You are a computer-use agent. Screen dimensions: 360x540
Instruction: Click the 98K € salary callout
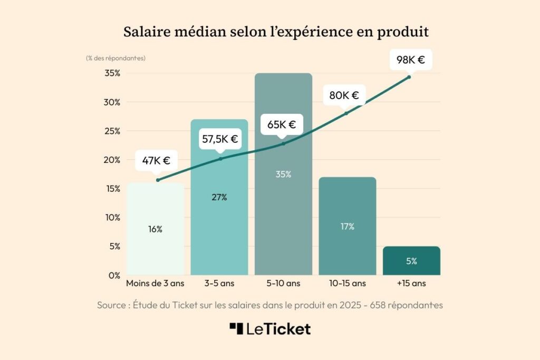(x=410, y=60)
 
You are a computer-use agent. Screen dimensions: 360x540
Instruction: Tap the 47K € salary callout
(x=156, y=161)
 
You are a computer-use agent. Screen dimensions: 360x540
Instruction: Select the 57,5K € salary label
(x=220, y=140)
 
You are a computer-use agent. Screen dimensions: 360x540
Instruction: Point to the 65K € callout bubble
(x=282, y=125)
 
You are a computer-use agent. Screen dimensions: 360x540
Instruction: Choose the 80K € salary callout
(x=344, y=95)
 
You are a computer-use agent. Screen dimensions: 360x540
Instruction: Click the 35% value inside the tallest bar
(x=283, y=174)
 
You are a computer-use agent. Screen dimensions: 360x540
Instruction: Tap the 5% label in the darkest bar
(x=411, y=261)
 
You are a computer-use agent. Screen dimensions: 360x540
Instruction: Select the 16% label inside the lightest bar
(x=155, y=229)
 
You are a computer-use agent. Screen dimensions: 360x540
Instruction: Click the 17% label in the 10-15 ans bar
(x=347, y=227)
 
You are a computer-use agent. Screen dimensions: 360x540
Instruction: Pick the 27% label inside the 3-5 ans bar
(x=219, y=197)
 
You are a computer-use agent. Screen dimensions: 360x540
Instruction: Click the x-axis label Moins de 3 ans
(x=155, y=284)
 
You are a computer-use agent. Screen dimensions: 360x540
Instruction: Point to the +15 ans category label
(x=411, y=284)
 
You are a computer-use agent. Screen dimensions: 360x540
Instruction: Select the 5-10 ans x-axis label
(x=283, y=284)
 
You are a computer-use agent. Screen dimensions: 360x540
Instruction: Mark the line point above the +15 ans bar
(x=409, y=77)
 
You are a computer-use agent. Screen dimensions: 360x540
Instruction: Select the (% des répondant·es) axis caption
(x=115, y=58)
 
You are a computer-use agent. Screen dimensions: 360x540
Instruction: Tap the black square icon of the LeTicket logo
(x=236, y=328)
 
